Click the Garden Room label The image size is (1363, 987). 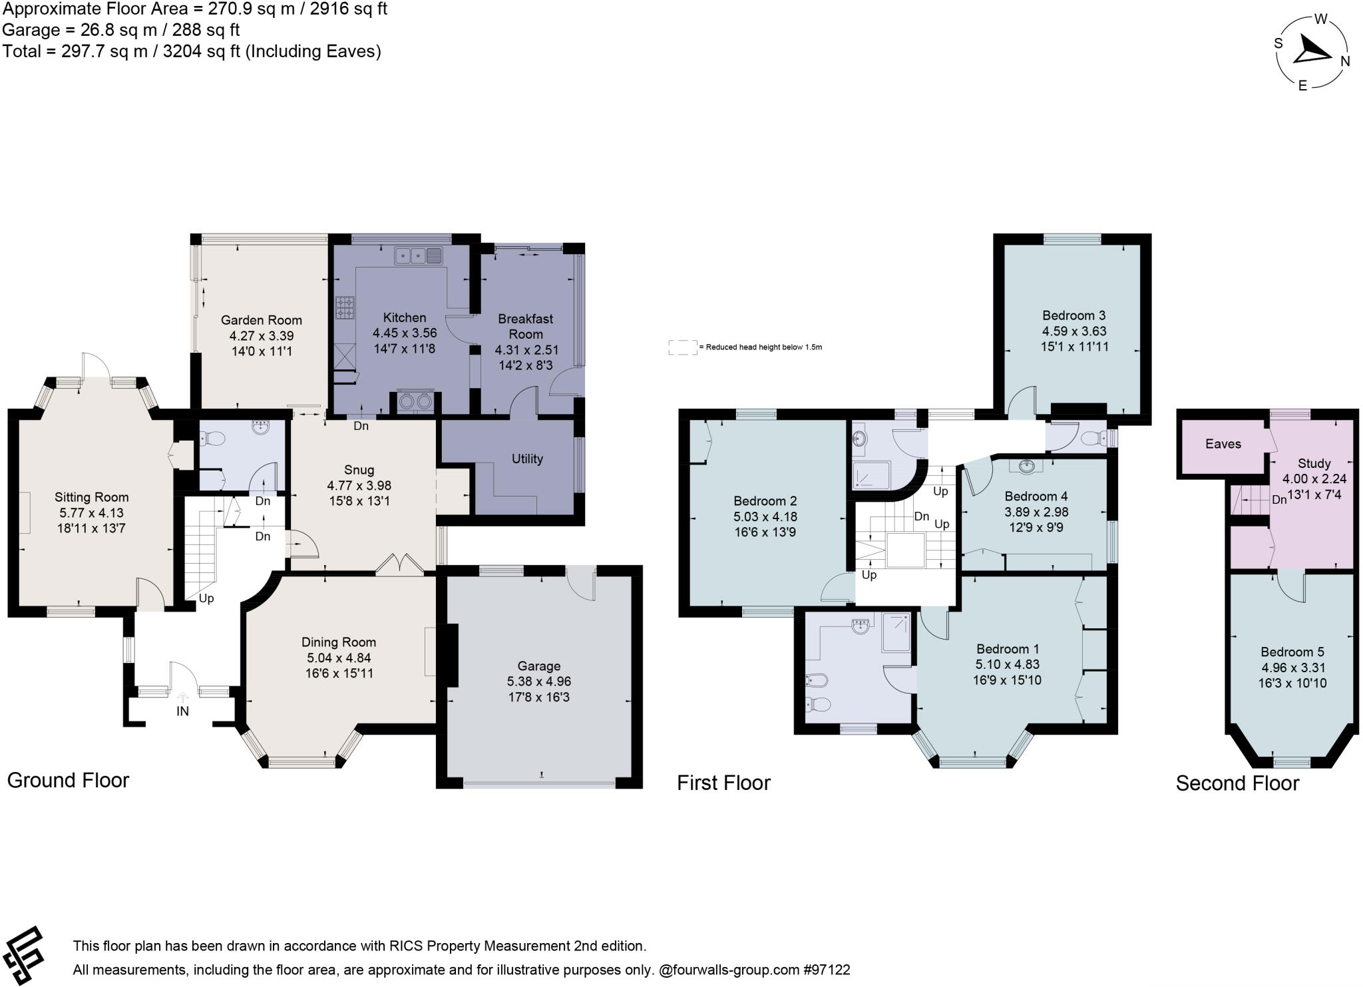pos(261,320)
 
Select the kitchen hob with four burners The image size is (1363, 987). pos(344,307)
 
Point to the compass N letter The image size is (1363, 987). pos(1344,62)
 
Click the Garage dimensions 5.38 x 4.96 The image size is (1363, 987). pos(538,682)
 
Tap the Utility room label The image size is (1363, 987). pos(527,459)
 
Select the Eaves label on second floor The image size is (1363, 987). pos(1223,444)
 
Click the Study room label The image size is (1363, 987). pos(1314,463)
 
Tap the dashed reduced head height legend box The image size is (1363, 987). pos(682,347)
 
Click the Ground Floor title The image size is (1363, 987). pos(68,780)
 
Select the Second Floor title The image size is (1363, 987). pos(1237,783)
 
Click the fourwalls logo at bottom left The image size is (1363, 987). pos(23,954)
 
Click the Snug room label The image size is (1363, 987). pos(359,470)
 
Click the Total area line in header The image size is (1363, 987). pos(192,51)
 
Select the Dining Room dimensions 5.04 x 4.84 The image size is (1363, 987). pos(338,658)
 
